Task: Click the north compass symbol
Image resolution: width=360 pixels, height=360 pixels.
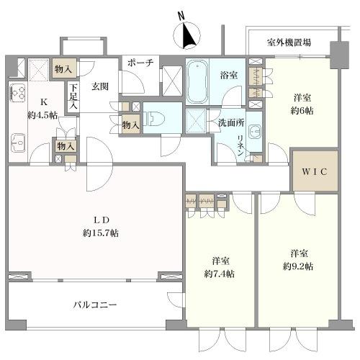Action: click(x=186, y=35)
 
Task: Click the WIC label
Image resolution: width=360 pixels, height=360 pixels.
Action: click(x=315, y=171)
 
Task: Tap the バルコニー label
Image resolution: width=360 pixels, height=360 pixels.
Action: click(x=95, y=305)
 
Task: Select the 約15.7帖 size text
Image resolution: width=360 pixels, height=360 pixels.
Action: click(x=101, y=233)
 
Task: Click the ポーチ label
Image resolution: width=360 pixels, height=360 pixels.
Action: click(x=140, y=63)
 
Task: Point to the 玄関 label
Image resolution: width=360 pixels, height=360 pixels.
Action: click(x=100, y=86)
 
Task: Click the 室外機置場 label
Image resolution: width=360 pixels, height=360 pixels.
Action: click(x=289, y=42)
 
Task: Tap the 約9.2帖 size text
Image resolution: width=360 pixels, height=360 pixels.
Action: click(x=298, y=266)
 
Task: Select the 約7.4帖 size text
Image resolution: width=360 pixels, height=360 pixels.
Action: click(x=220, y=274)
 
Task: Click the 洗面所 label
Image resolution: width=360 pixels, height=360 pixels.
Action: click(x=231, y=123)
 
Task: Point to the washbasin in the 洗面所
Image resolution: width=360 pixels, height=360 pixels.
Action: click(x=254, y=132)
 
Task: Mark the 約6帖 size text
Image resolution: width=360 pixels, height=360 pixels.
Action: click(x=302, y=111)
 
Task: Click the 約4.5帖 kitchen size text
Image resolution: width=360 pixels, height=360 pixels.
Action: click(x=42, y=116)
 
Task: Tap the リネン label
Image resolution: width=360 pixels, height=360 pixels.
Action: click(x=240, y=145)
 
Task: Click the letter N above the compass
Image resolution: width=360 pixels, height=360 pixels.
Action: click(x=181, y=16)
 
